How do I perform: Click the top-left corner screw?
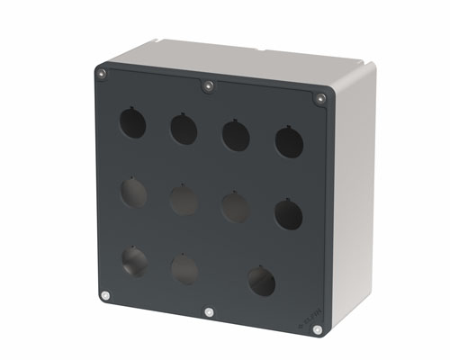102,73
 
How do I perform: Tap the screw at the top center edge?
208,86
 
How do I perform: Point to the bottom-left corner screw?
106,295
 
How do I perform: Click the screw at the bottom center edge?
209,312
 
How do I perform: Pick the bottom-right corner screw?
317,330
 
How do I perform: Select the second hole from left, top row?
184,129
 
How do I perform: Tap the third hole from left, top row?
236,135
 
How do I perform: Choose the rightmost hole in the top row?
289,142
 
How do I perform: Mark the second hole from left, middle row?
184,200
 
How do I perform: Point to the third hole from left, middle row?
236,207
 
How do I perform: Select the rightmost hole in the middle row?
289,214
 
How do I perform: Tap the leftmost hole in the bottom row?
135,261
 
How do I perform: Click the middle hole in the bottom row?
184,268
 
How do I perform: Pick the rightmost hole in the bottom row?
262,281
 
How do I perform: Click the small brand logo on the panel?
307,315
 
